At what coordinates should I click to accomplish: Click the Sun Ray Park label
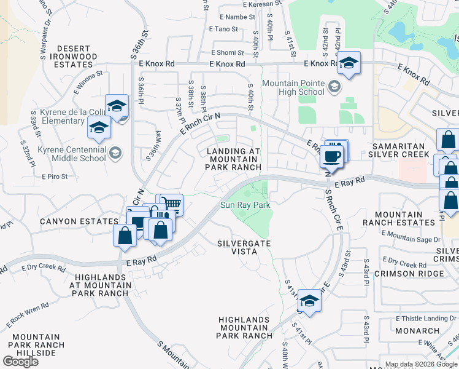[x=245, y=205]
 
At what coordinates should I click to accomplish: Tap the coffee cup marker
[x=332, y=157]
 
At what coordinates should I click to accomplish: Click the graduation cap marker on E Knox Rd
[x=349, y=63]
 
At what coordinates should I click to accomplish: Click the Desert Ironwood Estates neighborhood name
[x=77, y=52]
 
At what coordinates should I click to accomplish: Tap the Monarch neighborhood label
[x=417, y=331]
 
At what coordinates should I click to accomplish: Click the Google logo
[x=21, y=362]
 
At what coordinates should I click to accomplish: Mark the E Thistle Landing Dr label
[x=427, y=318]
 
